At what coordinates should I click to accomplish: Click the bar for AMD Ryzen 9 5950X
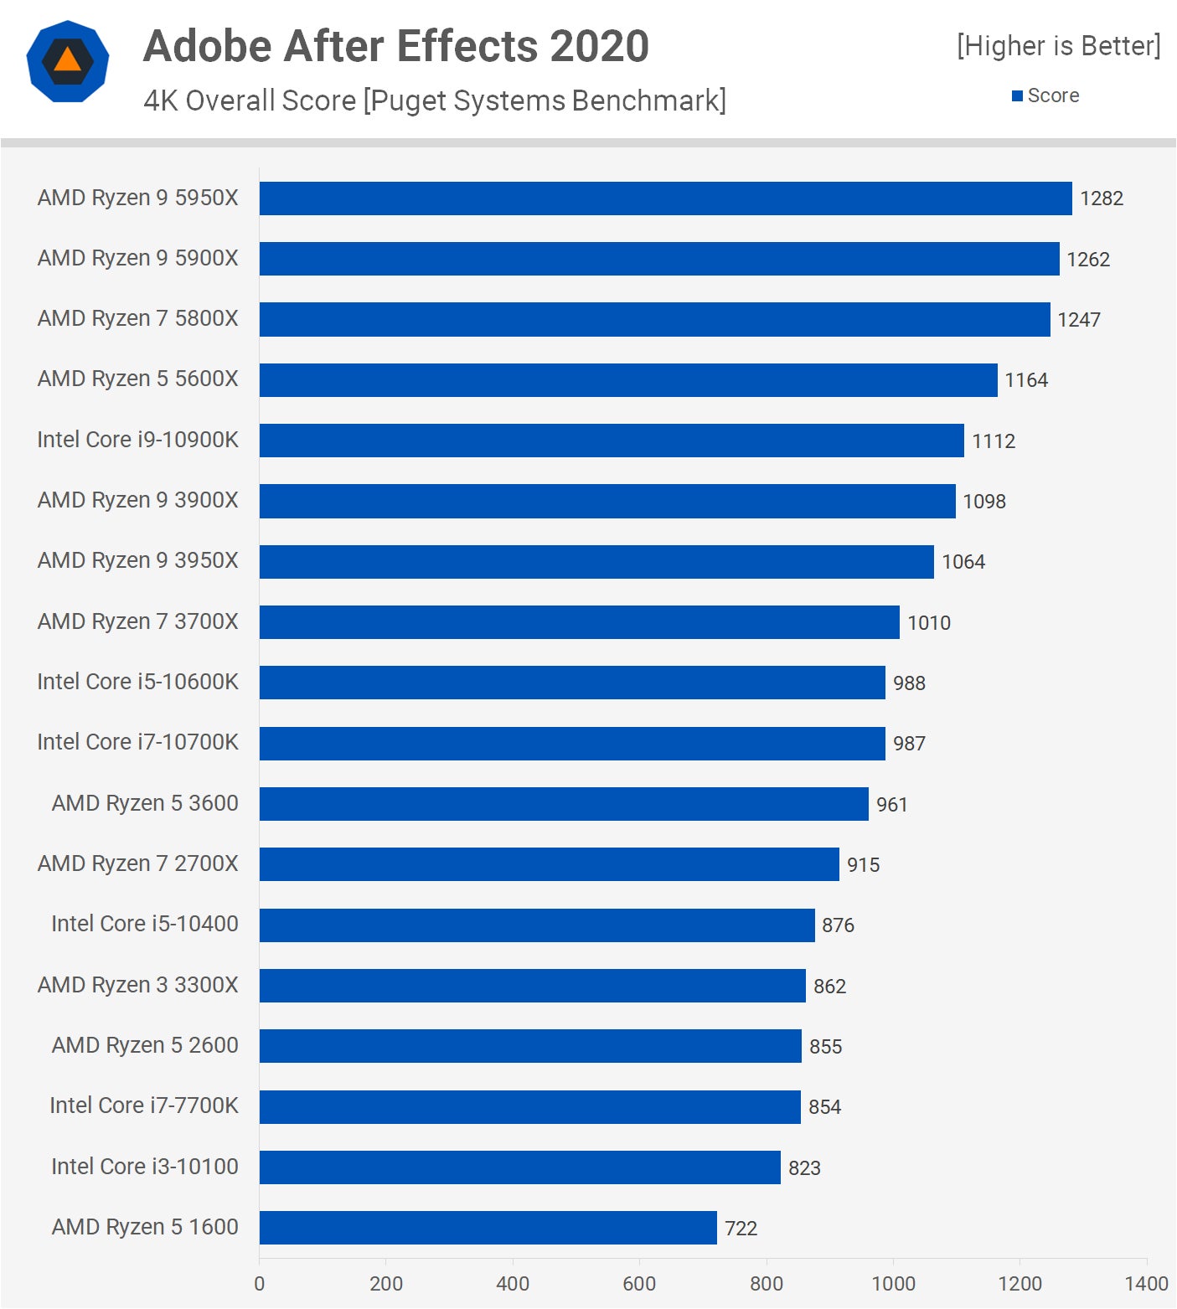pos(665,198)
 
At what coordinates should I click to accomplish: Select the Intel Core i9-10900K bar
pos(612,441)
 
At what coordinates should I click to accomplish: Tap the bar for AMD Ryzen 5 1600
pos(488,1228)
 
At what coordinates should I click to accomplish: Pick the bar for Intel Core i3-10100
pos(519,1167)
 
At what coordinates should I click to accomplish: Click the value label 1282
pos(1101,198)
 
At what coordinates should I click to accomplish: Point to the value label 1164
pos(1025,380)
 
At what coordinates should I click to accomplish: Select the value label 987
pos(909,744)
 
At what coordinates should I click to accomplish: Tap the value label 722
pos(741,1229)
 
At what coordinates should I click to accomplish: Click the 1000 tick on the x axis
pos(893,1283)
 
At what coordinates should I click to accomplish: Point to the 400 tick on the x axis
pos(513,1283)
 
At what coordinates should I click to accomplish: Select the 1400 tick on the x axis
pos(1146,1283)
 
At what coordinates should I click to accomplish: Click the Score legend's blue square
pos(1017,96)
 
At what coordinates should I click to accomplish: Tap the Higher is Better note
pos(1059,46)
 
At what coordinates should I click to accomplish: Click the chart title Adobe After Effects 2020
pos(396,46)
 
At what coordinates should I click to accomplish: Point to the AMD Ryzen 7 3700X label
pos(138,621)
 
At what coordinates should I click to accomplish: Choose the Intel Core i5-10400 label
pos(145,924)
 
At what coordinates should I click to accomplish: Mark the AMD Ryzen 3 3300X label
pos(138,985)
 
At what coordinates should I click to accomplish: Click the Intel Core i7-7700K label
pos(144,1105)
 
